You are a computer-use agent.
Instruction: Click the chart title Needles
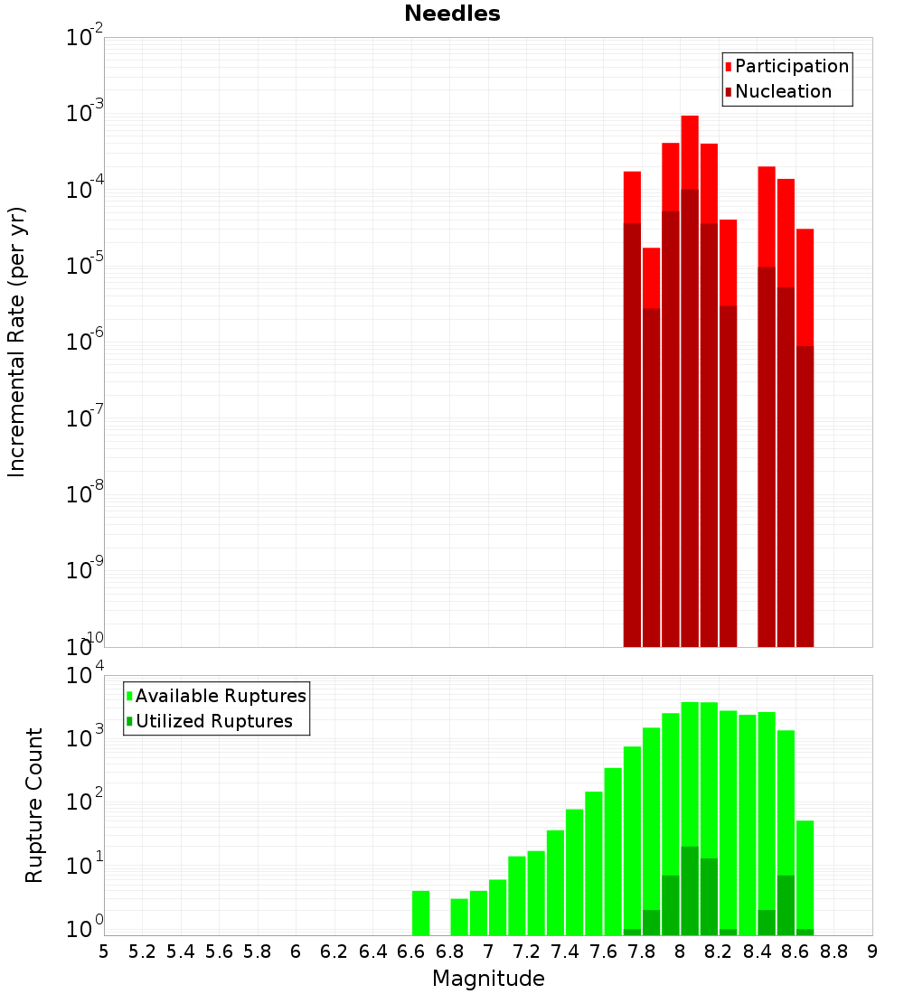(x=452, y=14)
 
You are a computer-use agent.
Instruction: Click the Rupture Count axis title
(x=34, y=804)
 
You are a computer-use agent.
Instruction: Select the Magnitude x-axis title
(x=488, y=979)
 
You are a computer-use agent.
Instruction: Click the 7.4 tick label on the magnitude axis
(x=565, y=952)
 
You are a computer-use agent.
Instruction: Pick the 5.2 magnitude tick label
(x=142, y=952)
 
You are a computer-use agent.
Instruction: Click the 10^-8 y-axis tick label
(x=85, y=494)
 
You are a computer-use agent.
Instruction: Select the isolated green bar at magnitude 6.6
(x=420, y=913)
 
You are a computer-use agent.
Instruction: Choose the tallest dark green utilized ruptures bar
(x=690, y=890)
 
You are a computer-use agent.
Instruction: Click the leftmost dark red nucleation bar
(x=632, y=434)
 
